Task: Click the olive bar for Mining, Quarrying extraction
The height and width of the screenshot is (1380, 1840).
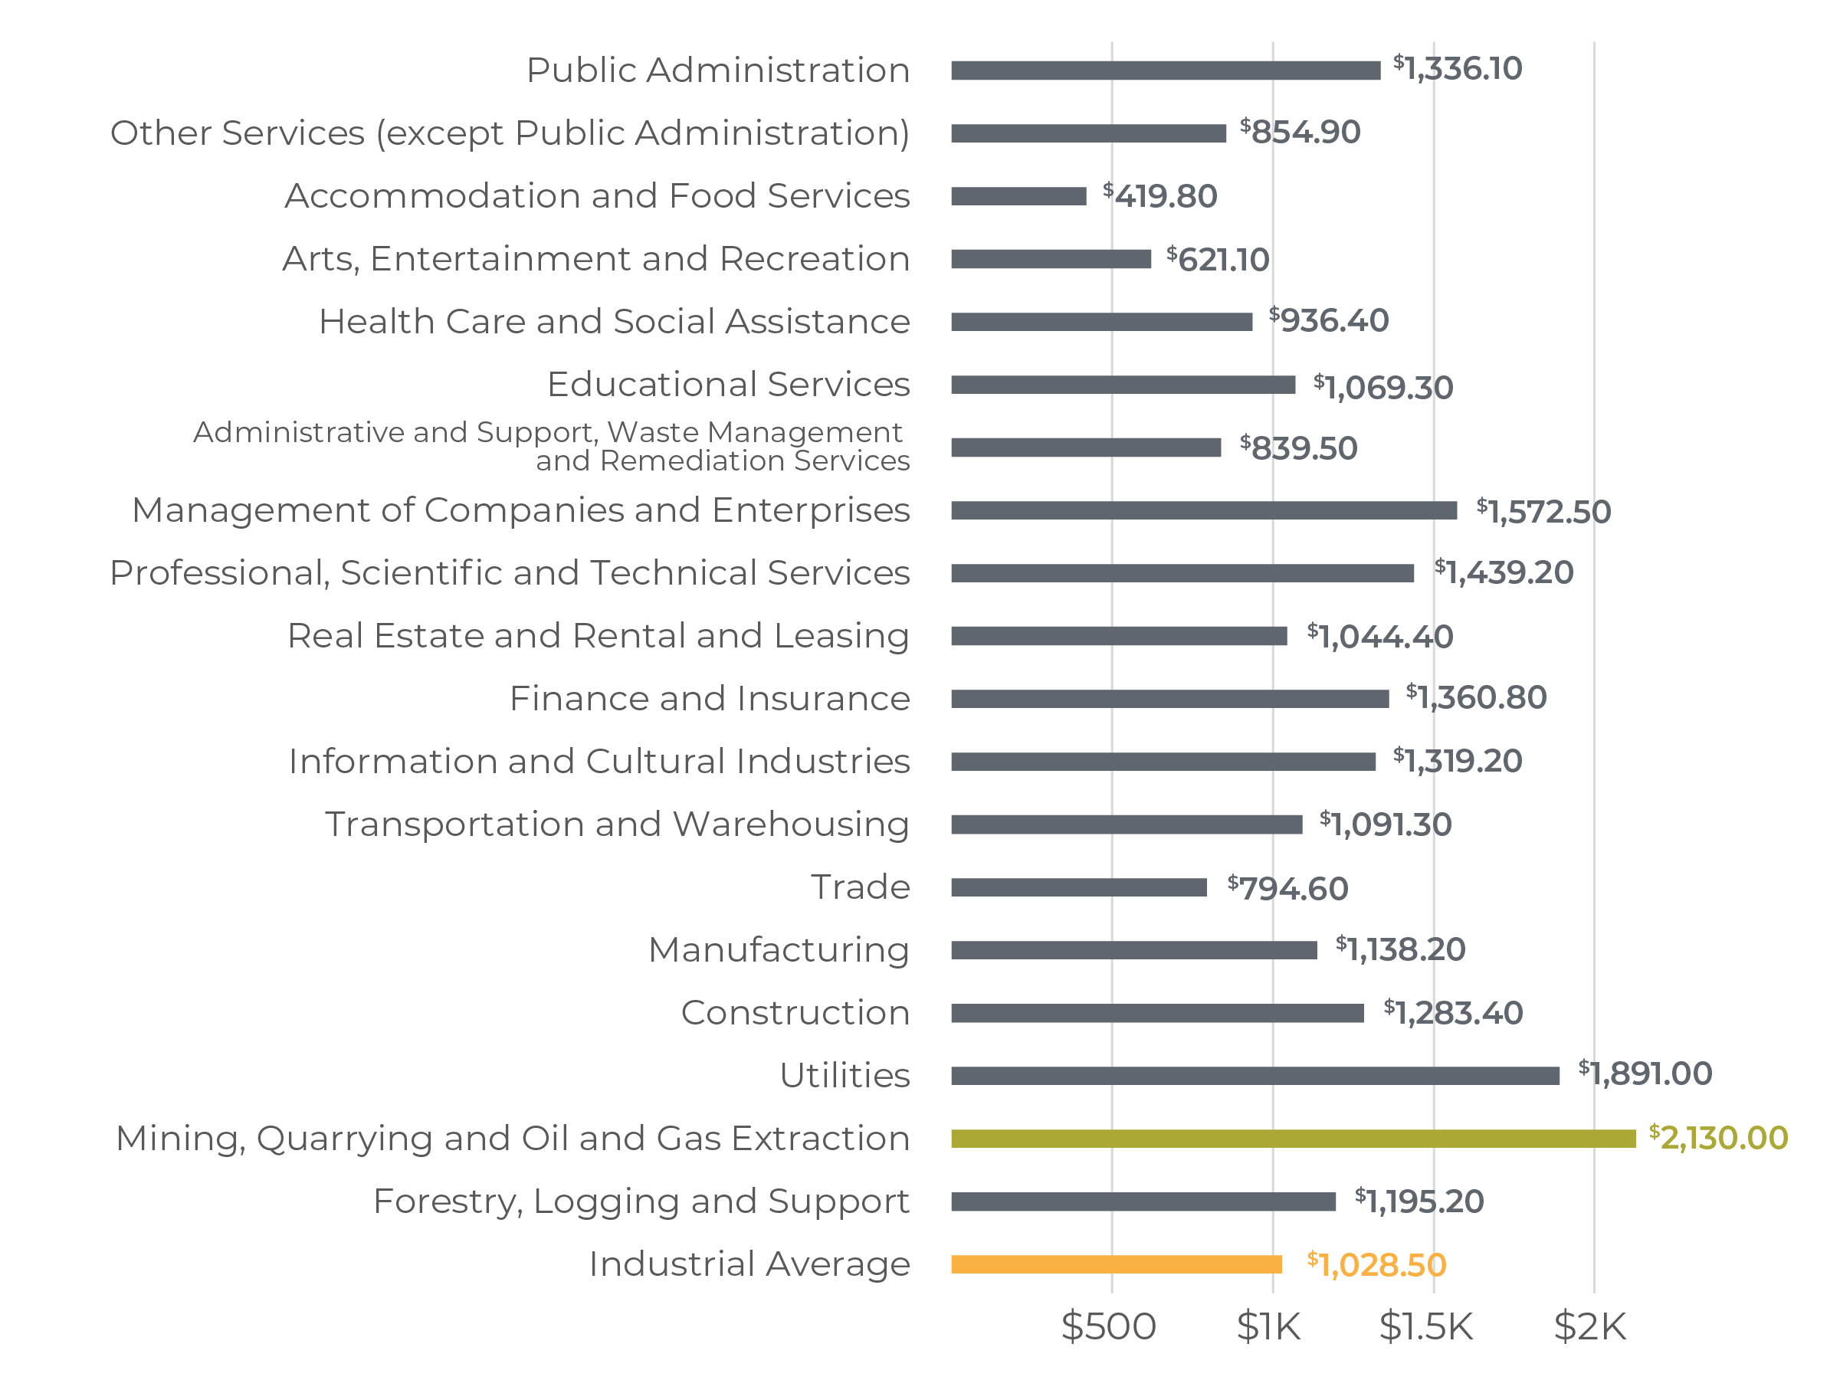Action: coord(1293,1138)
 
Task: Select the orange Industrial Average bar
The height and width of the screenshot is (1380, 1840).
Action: coord(1116,1264)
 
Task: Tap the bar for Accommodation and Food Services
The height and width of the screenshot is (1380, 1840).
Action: coord(1018,196)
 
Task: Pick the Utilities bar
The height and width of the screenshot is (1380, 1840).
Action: coord(1255,1076)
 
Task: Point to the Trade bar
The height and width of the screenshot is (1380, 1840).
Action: coord(1078,887)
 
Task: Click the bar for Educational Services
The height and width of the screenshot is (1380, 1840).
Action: coord(1123,385)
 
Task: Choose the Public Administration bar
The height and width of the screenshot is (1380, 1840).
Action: coord(1166,70)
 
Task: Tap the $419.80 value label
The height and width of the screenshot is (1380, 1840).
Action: coord(1159,196)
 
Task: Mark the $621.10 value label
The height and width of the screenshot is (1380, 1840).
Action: coord(1218,260)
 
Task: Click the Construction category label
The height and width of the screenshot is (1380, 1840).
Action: coord(795,1013)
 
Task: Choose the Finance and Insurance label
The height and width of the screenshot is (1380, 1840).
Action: coord(710,699)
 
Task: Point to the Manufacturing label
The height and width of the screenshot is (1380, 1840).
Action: coord(779,950)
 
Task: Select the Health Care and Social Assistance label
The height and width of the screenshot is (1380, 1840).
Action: coord(614,322)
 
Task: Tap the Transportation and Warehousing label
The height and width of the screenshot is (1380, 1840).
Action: coord(616,824)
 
